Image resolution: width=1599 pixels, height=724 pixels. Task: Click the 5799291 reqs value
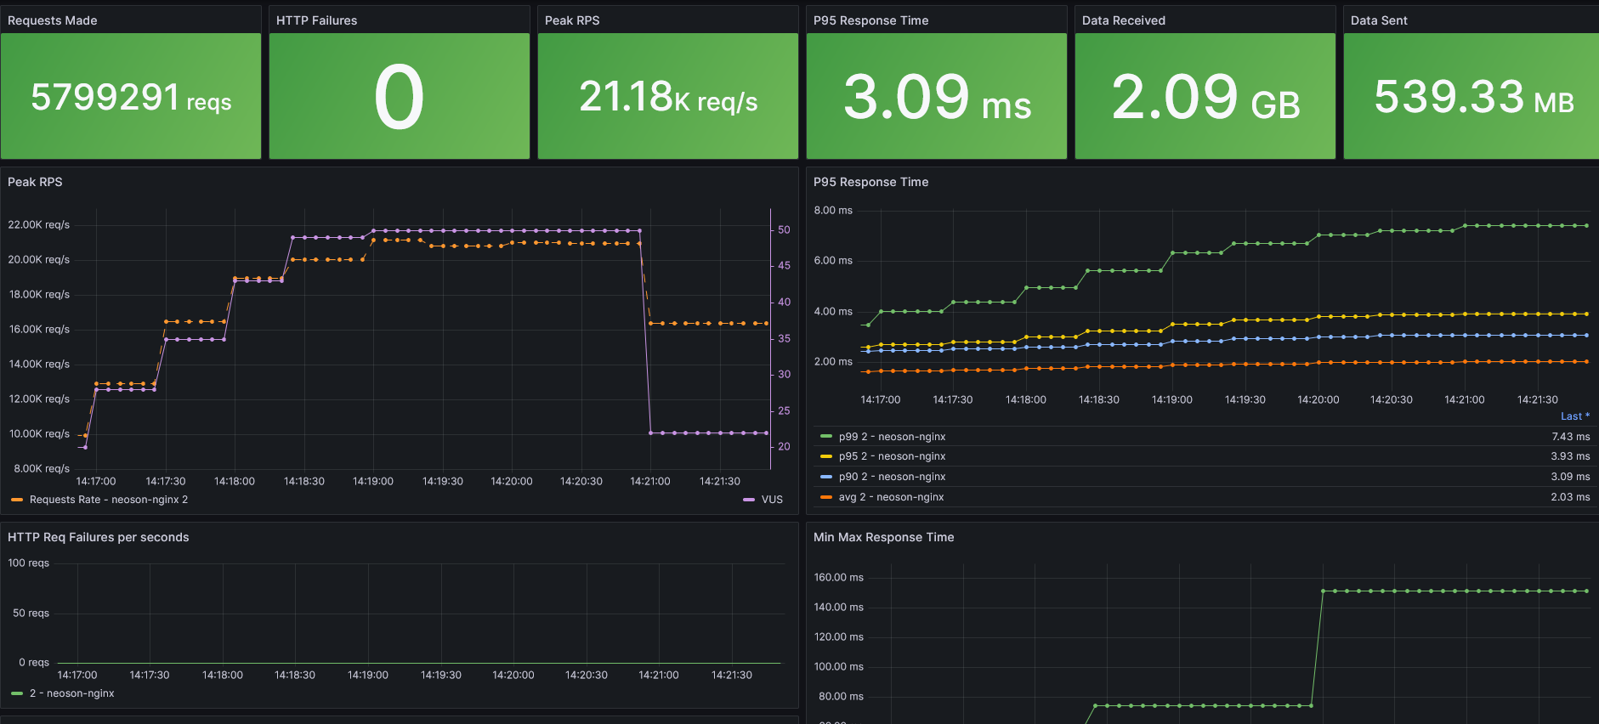pos(130,97)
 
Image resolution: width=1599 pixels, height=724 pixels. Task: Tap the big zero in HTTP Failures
pos(399,97)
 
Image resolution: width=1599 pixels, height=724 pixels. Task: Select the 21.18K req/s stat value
pos(667,97)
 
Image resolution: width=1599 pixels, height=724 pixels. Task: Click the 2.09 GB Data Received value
pos(1205,97)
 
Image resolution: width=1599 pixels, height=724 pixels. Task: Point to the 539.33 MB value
pos(1473,97)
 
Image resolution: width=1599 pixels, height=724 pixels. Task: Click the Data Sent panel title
pos(1378,20)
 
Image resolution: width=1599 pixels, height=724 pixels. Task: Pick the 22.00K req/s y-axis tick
pos(39,225)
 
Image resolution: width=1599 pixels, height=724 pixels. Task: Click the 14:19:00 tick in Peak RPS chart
pos(372,481)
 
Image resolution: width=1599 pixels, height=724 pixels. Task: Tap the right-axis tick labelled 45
pos(784,266)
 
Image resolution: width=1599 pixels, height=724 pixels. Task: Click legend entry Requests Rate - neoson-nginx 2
pos(108,500)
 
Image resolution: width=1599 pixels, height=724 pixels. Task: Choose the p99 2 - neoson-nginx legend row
pos(891,437)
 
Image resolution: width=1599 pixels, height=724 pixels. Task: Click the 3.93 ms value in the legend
pos(1569,456)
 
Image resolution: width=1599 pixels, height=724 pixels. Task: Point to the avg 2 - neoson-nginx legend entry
pos(890,497)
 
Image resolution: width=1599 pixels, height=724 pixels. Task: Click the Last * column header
pos(1574,416)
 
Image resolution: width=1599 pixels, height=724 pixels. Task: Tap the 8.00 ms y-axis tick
pos(832,211)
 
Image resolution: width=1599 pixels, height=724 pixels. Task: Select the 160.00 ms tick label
pos(838,578)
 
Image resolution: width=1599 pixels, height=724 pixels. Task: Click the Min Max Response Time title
pos(883,537)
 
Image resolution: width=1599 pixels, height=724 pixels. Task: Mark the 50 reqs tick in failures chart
pos(31,614)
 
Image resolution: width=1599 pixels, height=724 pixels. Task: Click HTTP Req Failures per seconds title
pos(98,537)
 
